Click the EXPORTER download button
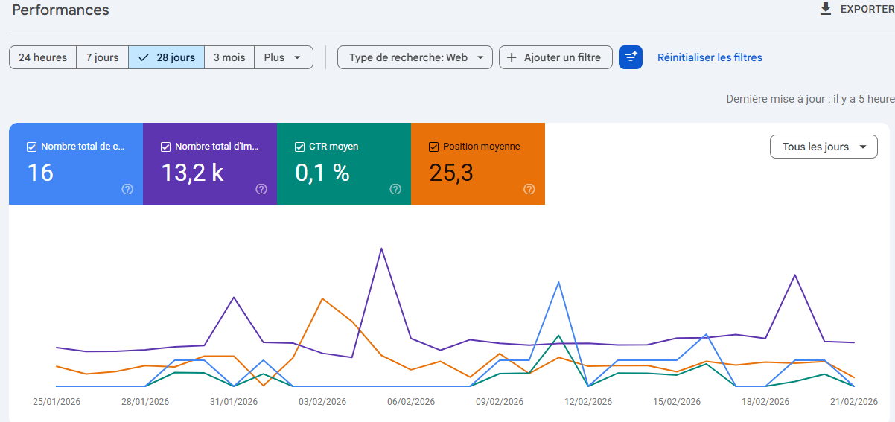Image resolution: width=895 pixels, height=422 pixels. pos(856,10)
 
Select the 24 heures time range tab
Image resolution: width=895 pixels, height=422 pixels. pos(42,57)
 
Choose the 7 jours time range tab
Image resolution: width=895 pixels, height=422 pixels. pos(102,57)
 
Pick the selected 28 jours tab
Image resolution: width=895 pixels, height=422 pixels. pos(167,57)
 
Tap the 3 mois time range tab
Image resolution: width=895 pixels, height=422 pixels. pos(229,57)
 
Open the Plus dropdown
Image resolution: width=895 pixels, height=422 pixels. pos(283,57)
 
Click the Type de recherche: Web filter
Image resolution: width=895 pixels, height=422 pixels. pos(415,57)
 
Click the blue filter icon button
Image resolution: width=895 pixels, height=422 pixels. pos(631,57)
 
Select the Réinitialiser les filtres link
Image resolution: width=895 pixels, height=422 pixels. pos(710,57)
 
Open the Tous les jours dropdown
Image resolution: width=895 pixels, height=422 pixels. pos(824,147)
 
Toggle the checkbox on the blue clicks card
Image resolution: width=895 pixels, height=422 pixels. pos(31,147)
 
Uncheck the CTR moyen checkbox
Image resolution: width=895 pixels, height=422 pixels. pos(299,147)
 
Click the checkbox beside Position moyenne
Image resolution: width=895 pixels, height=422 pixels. pos(433,147)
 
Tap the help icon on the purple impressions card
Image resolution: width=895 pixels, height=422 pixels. pos(261,189)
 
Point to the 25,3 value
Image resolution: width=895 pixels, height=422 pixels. pos(451,173)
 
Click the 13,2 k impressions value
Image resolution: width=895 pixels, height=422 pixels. pos(192,173)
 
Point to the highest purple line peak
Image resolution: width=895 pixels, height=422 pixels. pos(381,249)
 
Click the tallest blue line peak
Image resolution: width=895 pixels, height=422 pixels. pos(558,282)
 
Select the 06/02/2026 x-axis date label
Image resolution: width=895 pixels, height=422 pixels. pos(411,402)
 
